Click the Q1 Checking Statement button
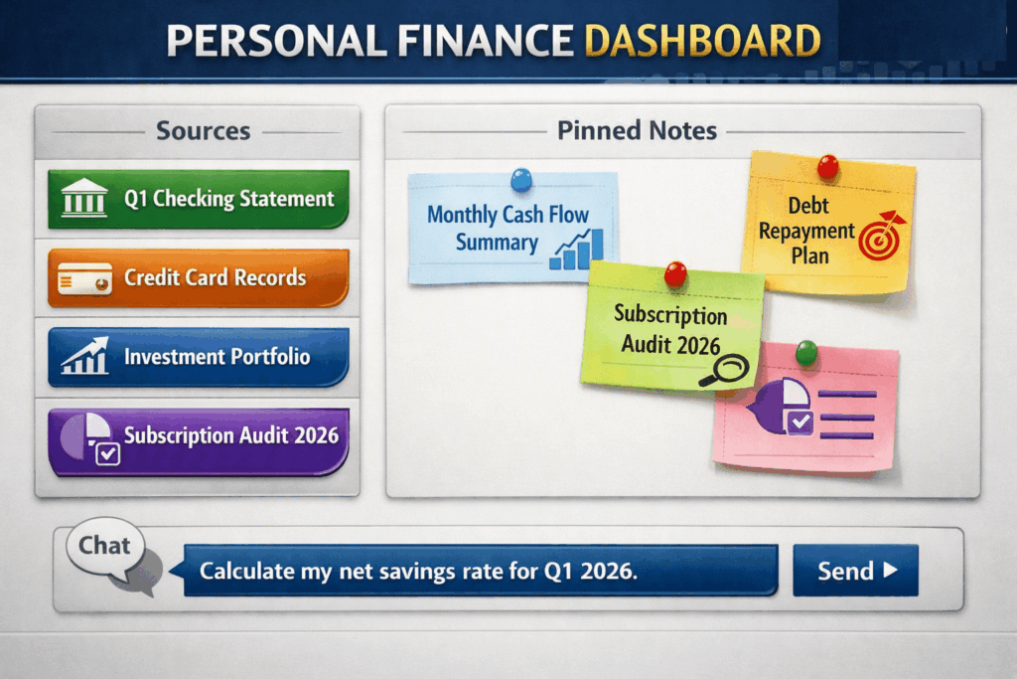[x=199, y=199]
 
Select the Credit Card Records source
[x=199, y=277]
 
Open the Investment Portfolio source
[x=199, y=357]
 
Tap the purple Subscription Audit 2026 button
[x=199, y=441]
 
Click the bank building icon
[x=84, y=198]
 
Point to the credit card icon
[x=84, y=279]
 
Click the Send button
[x=855, y=571]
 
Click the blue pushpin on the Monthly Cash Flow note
[x=521, y=179]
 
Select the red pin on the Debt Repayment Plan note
[x=827, y=166]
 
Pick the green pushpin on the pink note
[x=806, y=353]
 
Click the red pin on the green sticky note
[x=675, y=274]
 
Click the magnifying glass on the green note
[x=725, y=371]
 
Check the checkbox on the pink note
[x=799, y=422]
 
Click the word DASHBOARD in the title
[x=702, y=41]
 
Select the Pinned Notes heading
[x=637, y=130]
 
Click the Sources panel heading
[x=203, y=131]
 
